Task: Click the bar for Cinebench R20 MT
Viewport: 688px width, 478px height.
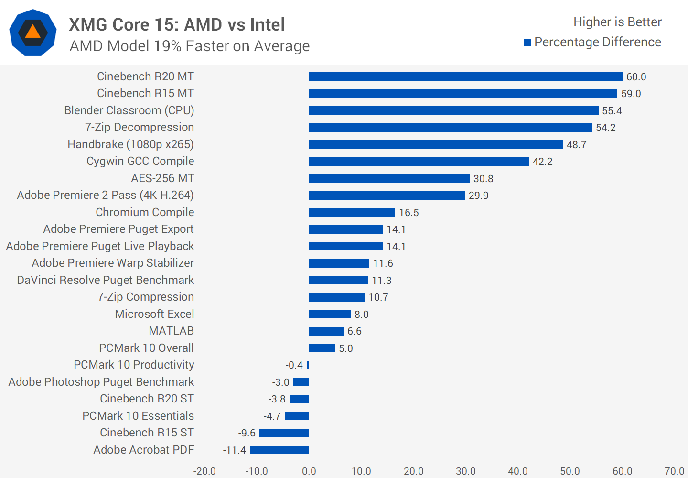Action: [465, 76]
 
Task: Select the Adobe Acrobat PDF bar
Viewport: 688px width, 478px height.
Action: [279, 450]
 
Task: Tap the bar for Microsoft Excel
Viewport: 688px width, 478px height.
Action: [330, 314]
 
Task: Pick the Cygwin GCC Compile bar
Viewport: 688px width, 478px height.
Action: [419, 162]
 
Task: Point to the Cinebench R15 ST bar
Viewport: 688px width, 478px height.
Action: [284, 433]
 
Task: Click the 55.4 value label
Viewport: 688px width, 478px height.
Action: [612, 111]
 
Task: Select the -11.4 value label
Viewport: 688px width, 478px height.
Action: [234, 450]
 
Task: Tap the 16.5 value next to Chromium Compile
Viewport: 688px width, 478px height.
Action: [408, 213]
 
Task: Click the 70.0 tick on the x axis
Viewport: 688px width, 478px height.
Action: [674, 471]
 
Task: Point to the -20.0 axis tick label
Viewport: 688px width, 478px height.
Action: [204, 471]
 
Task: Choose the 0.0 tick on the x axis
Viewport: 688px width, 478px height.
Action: [309, 471]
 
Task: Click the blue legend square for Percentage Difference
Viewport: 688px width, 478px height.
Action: [527, 43]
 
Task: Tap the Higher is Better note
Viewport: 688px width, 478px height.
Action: [617, 22]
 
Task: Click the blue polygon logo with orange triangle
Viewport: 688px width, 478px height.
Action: [33, 33]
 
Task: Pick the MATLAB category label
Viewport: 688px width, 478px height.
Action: [171, 331]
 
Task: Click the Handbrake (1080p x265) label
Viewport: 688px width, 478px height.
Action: [130, 144]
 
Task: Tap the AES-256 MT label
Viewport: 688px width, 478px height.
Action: [162, 178]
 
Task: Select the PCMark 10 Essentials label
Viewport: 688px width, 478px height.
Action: [138, 416]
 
